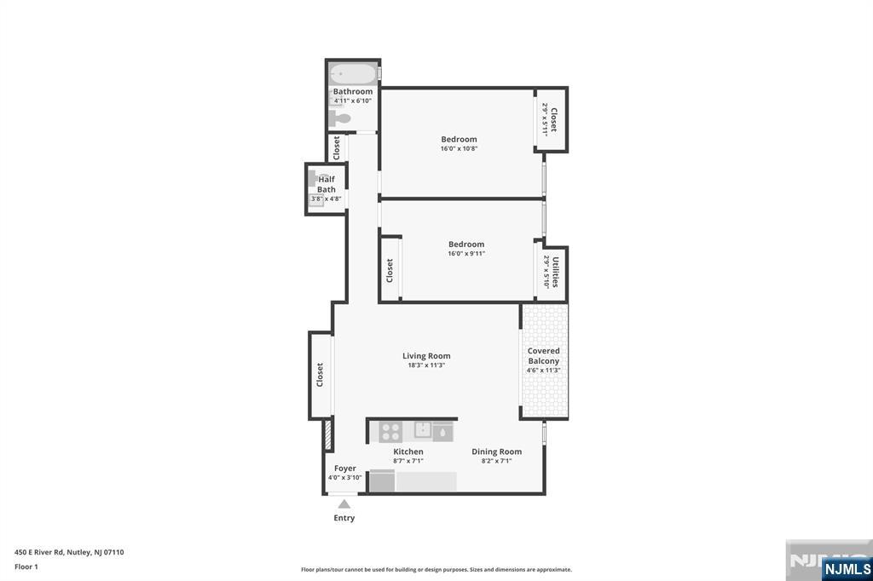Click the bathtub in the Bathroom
[353, 74]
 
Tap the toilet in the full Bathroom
[339, 118]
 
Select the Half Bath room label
[327, 184]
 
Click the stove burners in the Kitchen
[390, 432]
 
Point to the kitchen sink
[423, 430]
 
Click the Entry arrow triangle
[344, 503]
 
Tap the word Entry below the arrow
[344, 518]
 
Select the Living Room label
[426, 355]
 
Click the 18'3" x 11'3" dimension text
[426, 365]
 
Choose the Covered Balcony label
[543, 355]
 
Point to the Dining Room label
[497, 452]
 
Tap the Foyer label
[345, 468]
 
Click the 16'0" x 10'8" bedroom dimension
[460, 148]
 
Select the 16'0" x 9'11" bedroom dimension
[466, 254]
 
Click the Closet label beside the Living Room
[320, 375]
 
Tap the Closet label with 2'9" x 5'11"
[554, 119]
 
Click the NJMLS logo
[847, 569]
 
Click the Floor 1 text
[26, 567]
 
